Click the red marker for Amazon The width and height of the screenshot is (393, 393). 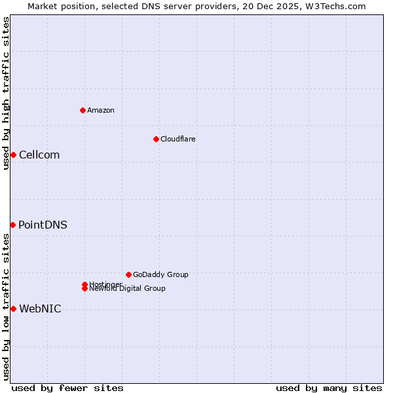(83, 110)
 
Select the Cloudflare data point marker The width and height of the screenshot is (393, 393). (156, 139)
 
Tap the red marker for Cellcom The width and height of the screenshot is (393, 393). (13, 155)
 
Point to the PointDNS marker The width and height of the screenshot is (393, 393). (12, 225)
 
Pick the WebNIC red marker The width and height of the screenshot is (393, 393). (13, 309)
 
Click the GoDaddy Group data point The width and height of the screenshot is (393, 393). (128, 274)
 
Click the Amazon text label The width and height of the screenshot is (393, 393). (101, 110)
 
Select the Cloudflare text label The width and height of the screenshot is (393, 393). (178, 139)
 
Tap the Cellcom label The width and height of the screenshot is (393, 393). (39, 155)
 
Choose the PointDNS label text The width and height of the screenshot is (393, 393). (43, 225)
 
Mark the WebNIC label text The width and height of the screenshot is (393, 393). (40, 309)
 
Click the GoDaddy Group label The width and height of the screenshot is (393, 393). (160, 274)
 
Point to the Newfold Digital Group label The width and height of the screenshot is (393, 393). (127, 289)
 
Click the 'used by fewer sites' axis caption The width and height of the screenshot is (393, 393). (67, 388)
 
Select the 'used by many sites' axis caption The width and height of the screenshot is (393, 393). (329, 388)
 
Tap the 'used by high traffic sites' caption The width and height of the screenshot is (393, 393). (6, 93)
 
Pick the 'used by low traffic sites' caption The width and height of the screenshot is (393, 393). (6, 307)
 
